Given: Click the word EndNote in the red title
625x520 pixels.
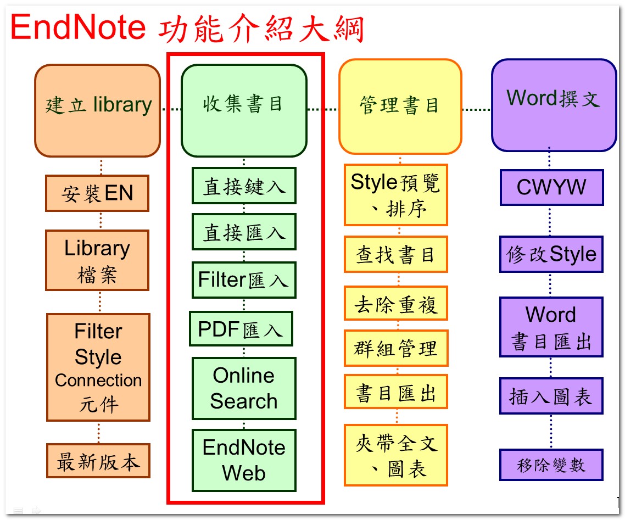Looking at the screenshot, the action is (78, 27).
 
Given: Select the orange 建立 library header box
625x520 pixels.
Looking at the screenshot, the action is (98, 110).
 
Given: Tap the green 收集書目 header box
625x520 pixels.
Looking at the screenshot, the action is (244, 110).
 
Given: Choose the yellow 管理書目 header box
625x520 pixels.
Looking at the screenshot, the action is (400, 107).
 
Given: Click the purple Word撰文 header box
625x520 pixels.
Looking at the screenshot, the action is (554, 105).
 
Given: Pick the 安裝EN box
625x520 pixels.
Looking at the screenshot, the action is (97, 193).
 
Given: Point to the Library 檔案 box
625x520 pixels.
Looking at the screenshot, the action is (97, 260).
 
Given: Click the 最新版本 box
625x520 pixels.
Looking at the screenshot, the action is (98, 461).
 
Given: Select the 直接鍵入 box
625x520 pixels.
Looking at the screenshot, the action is (244, 186).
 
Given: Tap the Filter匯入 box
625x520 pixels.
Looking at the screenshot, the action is (244, 280).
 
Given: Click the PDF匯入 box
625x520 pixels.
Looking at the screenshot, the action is (241, 329).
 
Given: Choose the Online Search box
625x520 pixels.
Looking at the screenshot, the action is (244, 389).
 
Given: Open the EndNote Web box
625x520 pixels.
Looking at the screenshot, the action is (244, 460).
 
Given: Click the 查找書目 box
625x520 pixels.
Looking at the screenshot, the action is (396, 254).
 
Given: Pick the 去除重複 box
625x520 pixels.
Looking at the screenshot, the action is (396, 303).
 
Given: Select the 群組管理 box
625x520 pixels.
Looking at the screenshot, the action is (396, 348).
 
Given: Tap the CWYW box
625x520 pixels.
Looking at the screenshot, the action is (551, 187).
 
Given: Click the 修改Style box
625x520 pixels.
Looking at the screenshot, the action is (551, 254).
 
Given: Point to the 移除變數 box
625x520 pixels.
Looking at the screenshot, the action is (551, 465).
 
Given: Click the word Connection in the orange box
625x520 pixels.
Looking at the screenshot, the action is (98, 380).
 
